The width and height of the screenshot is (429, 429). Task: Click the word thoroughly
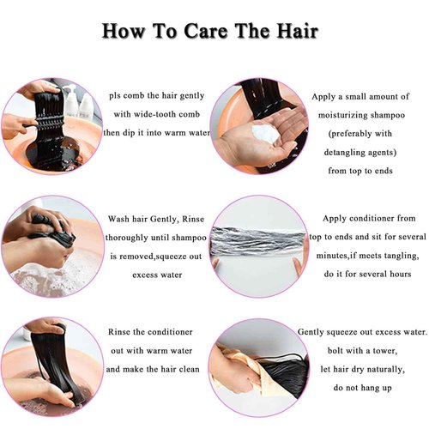(x=135, y=238)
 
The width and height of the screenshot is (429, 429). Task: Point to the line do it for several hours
(x=364, y=275)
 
